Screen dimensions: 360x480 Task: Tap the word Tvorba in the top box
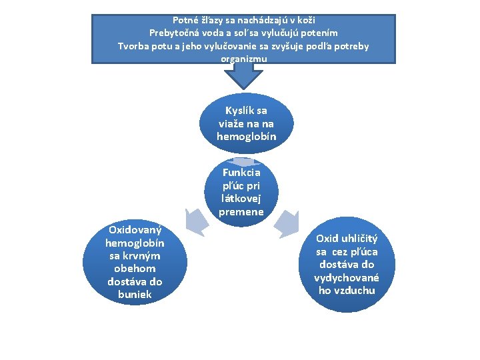[x=133, y=46]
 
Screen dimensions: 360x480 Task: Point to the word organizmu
[x=243, y=59]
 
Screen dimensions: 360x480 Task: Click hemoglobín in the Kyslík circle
[x=246, y=136]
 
